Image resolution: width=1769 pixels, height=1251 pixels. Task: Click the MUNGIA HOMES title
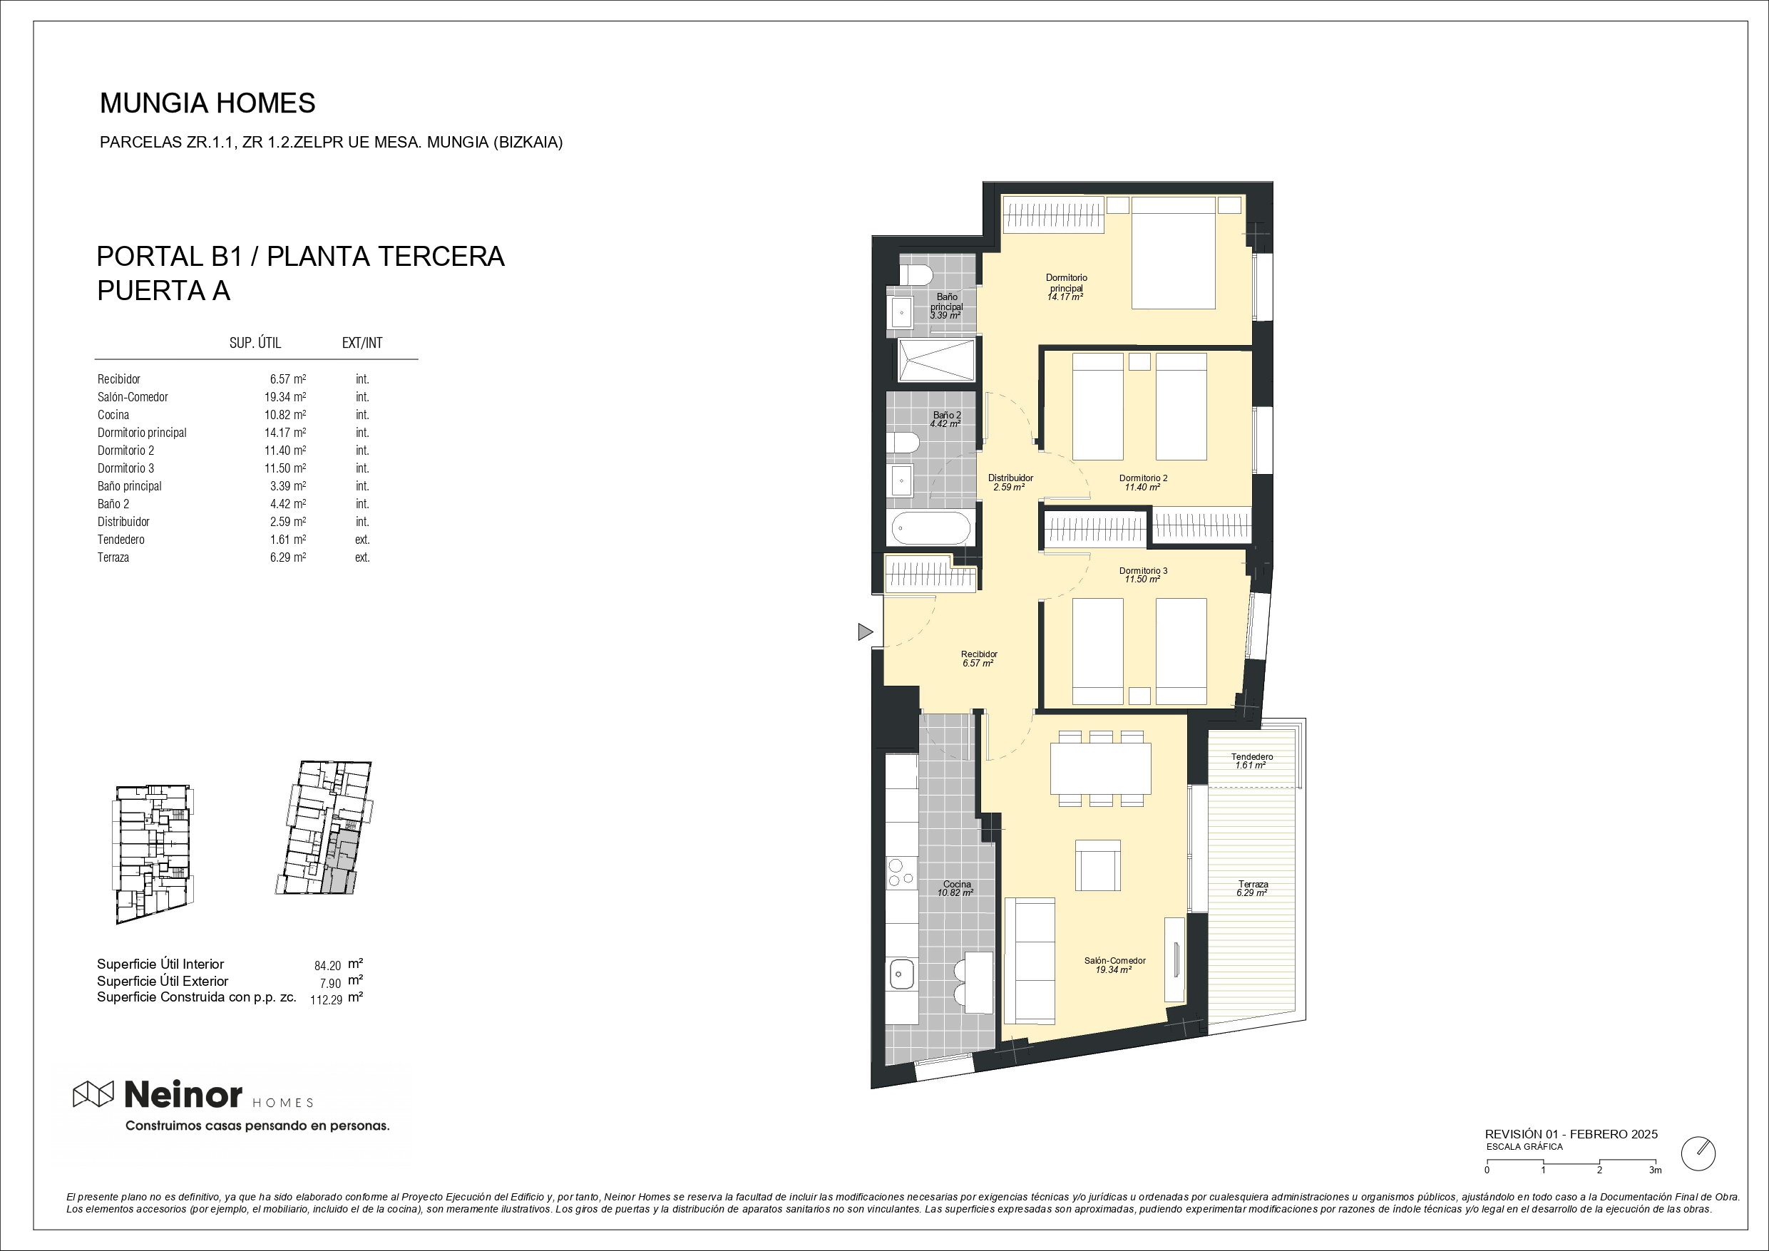tap(208, 103)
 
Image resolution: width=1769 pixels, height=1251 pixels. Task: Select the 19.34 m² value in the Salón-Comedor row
tap(285, 397)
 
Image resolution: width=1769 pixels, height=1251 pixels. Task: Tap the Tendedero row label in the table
tap(121, 539)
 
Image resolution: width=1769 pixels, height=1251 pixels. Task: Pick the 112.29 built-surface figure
tap(326, 1000)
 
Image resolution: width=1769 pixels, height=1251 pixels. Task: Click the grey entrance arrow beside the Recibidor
tap(865, 632)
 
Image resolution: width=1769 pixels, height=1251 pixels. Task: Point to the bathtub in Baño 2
tap(930, 528)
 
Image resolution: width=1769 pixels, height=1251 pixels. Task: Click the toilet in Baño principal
tap(916, 275)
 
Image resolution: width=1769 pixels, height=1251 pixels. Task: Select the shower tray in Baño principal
tap(936, 360)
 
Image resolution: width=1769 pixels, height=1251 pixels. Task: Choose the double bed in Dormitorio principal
tap(1174, 252)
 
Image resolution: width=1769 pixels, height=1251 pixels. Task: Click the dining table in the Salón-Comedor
tap(1100, 768)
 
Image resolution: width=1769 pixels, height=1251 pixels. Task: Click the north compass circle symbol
tap(1698, 1153)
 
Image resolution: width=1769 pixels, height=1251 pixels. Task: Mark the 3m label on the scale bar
tap(1655, 1169)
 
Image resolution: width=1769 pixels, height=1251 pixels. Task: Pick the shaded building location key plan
tap(324, 828)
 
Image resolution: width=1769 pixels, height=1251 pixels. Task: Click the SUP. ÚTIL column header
tap(255, 343)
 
